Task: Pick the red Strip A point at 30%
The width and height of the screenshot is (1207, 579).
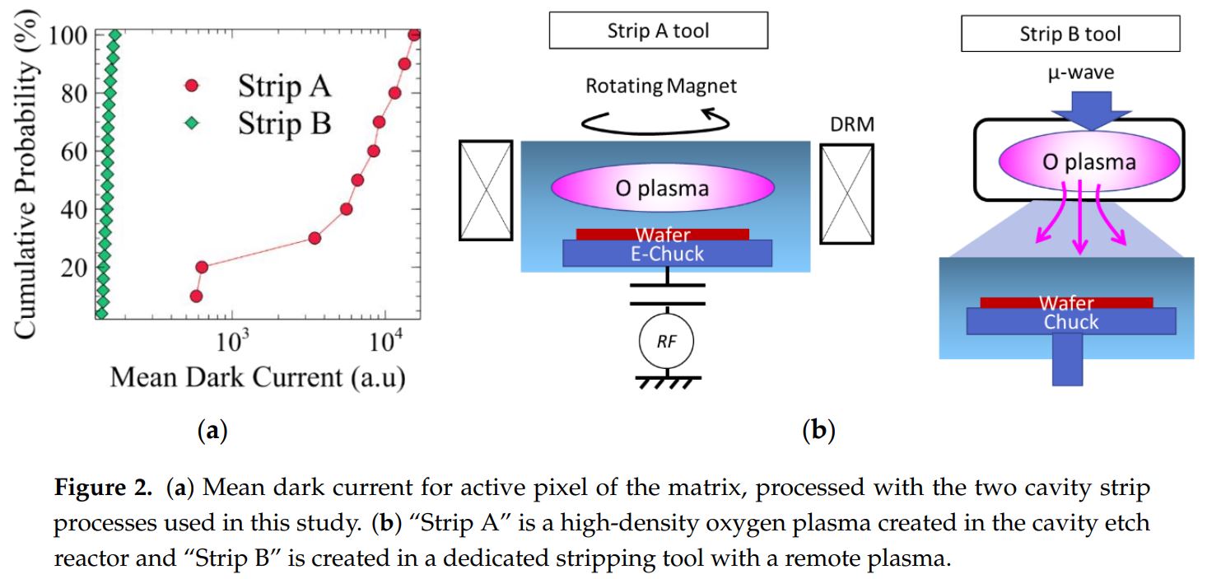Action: pyautogui.click(x=314, y=238)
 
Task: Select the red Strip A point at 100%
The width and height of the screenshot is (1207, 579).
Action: pyautogui.click(x=414, y=34)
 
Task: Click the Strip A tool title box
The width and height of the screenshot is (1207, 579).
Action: pyautogui.click(x=658, y=32)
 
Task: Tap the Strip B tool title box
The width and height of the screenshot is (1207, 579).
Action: pyautogui.click(x=1070, y=35)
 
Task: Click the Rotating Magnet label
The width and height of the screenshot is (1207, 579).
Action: pyautogui.click(x=661, y=86)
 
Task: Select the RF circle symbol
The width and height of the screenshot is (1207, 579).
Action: pyautogui.click(x=666, y=341)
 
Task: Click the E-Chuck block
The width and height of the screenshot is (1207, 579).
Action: pyautogui.click(x=667, y=254)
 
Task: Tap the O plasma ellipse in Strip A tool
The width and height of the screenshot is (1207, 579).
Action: pyautogui.click(x=662, y=189)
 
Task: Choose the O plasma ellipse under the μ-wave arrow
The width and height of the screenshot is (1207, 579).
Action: pyautogui.click(x=1088, y=161)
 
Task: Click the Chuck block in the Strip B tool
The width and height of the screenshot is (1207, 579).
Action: pyautogui.click(x=1071, y=321)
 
